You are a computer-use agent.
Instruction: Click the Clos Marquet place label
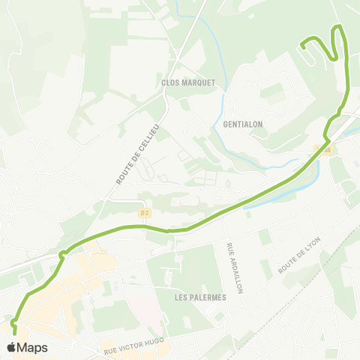coord(187,82)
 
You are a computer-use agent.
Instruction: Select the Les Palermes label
coord(199,297)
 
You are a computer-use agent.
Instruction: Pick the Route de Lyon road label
coord(298,255)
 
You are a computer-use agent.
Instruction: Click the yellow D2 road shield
coord(145,213)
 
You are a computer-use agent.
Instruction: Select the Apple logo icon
coord(11,347)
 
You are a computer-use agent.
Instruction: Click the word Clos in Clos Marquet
coord(169,82)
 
